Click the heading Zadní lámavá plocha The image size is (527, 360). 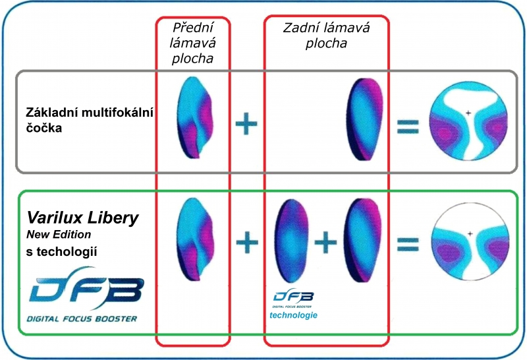(x=325, y=36)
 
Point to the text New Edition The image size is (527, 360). (x=59, y=234)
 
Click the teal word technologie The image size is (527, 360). (x=294, y=315)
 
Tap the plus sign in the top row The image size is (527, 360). (x=246, y=123)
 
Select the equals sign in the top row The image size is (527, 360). (x=408, y=125)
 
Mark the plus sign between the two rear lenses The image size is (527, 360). (x=324, y=243)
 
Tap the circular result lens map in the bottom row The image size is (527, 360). (x=469, y=242)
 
